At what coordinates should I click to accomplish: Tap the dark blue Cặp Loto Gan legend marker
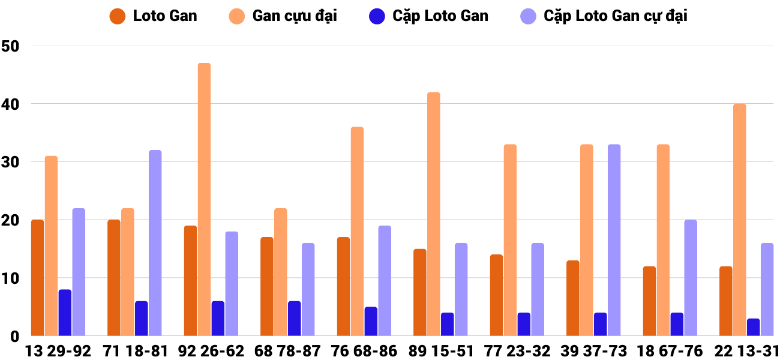[x=377, y=16]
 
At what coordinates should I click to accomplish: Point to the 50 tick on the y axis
[x=11, y=46]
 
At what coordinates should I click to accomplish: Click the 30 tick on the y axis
[x=11, y=162]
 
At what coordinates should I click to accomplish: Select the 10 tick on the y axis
[x=11, y=278]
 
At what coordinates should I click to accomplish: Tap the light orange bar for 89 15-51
[x=434, y=214]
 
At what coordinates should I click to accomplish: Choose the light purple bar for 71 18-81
[x=155, y=242]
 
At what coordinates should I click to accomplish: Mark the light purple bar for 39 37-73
[x=614, y=240]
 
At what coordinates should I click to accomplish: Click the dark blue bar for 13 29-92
[x=65, y=313]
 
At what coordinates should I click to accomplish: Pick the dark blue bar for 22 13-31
[x=754, y=327]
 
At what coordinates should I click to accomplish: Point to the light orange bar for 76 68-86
[x=357, y=231]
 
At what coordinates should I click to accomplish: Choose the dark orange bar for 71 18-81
[x=114, y=278]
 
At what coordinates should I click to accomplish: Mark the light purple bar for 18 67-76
[x=691, y=278]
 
